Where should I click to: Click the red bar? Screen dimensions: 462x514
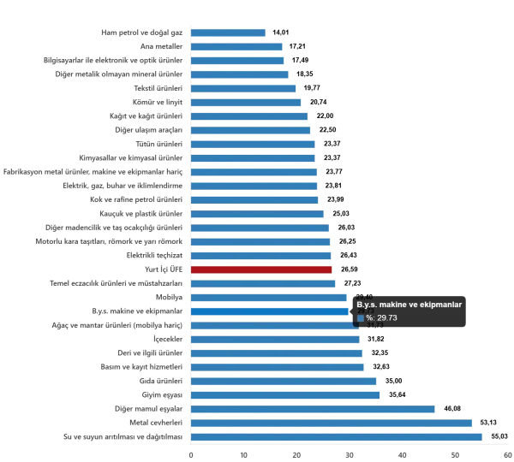261,269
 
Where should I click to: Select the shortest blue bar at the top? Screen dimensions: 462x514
229,33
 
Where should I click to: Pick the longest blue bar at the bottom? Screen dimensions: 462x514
338,437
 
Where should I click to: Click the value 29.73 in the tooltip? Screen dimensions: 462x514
386,318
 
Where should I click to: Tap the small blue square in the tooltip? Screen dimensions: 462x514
361,318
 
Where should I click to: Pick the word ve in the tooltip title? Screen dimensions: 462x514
419,305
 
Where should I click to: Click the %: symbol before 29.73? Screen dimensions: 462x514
370,318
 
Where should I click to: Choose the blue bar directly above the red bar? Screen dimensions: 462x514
261,256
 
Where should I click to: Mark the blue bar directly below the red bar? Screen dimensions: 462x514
262,283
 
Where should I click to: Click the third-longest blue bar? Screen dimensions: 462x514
314,410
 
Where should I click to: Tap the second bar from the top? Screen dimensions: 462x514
239,47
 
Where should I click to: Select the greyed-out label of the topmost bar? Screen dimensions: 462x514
140,33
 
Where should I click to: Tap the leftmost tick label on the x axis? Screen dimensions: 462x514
191,453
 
